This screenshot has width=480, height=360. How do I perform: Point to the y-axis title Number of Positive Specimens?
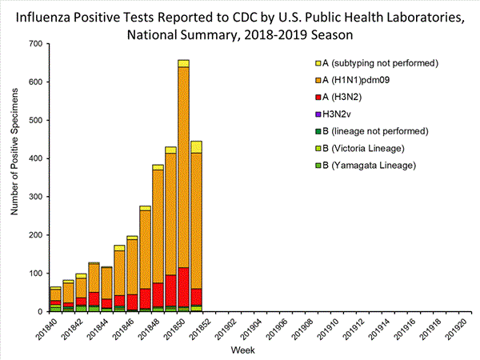(14, 178)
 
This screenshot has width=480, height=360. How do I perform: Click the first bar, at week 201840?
(55, 299)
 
